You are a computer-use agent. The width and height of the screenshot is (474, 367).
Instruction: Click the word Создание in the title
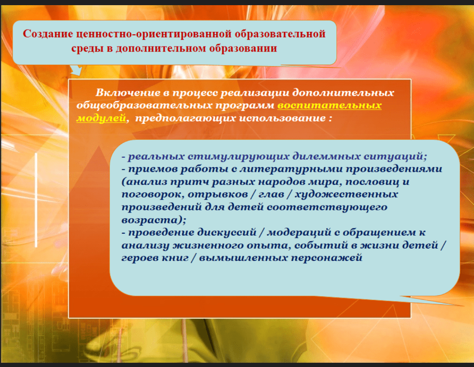[48, 33]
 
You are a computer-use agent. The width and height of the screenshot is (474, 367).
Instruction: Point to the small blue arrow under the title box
[76, 70]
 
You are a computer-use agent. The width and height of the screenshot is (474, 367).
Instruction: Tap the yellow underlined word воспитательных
[329, 105]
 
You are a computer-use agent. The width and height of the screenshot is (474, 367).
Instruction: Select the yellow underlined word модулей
[101, 118]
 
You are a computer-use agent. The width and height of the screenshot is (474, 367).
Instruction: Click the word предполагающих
[186, 118]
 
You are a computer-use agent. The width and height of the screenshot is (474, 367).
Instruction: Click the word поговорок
[153, 195]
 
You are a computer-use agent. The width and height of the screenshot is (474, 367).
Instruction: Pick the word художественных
[346, 194]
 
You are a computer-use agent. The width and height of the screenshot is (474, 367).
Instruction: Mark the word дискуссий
[227, 233]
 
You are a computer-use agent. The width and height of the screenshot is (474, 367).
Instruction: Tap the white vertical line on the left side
[36, 200]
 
